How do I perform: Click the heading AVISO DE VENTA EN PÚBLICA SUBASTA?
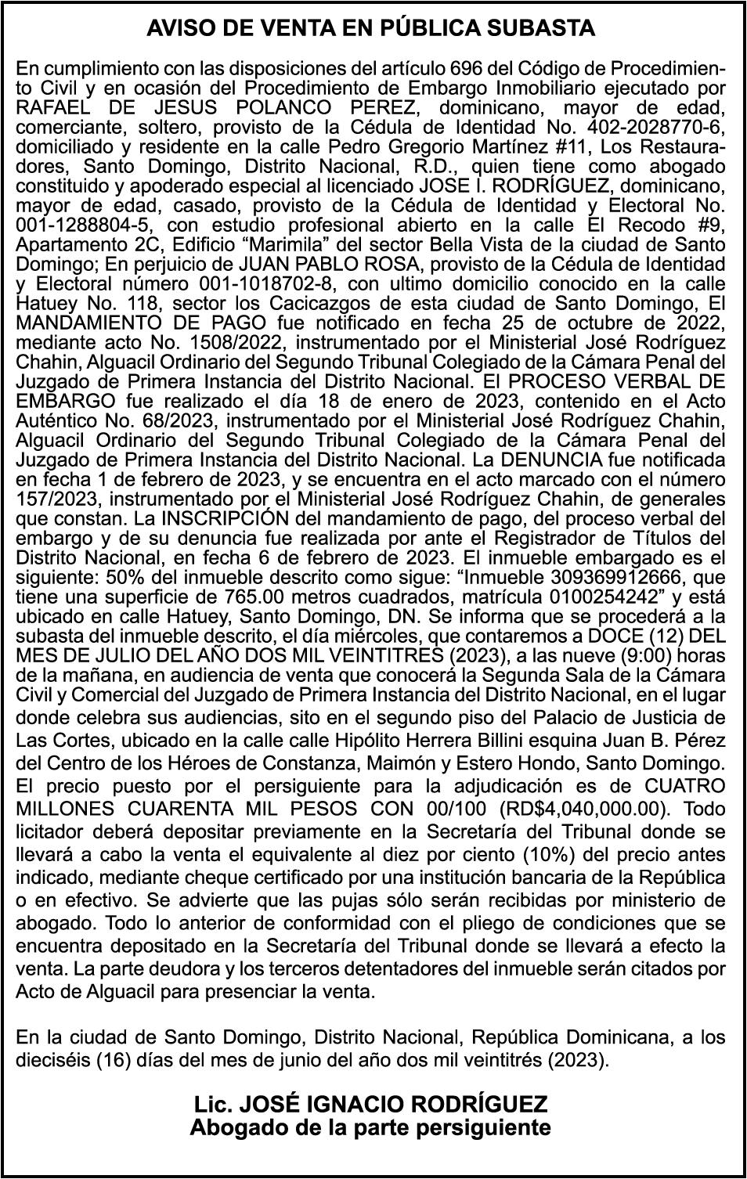[x=371, y=29]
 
